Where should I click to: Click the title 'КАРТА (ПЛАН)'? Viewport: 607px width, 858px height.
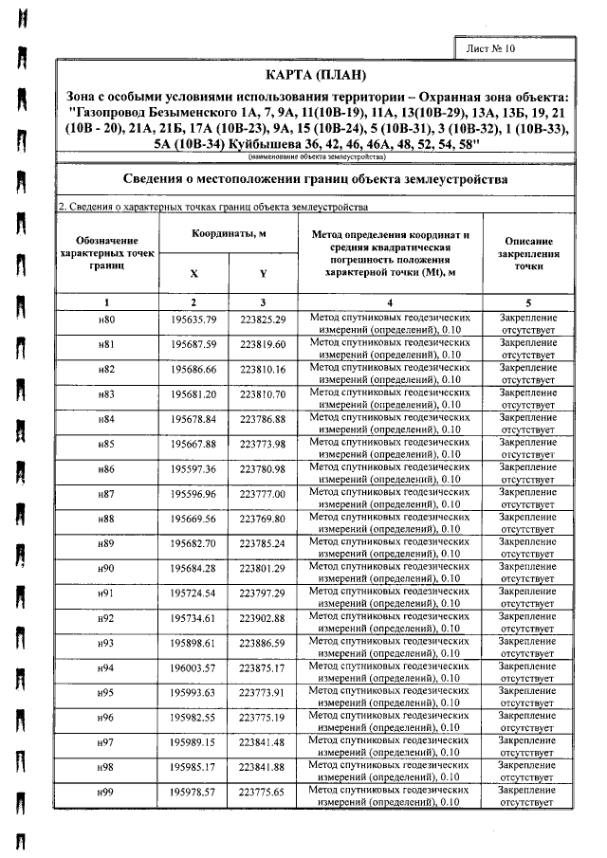pos(317,75)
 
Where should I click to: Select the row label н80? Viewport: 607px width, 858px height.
pos(106,320)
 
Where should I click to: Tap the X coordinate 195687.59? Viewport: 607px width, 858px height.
pos(193,345)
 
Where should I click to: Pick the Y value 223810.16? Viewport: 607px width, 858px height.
pos(263,370)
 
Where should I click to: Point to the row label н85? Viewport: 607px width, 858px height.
pos(106,444)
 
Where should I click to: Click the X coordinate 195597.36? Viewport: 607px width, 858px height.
pos(193,468)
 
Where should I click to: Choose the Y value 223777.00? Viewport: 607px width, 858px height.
pos(263,493)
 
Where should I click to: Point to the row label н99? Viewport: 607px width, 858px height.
pos(106,790)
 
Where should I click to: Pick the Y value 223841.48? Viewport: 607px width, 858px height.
pos(263,740)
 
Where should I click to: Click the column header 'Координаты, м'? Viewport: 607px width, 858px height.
pos(229,233)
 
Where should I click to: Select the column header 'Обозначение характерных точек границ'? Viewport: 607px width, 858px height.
pos(106,254)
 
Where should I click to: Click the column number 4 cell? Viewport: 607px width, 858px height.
pos(390,301)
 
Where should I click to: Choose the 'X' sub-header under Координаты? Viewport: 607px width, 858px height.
pos(193,273)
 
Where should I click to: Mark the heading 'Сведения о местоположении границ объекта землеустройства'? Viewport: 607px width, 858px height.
pos(317,179)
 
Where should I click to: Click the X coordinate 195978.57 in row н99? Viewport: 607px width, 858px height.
pos(193,790)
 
